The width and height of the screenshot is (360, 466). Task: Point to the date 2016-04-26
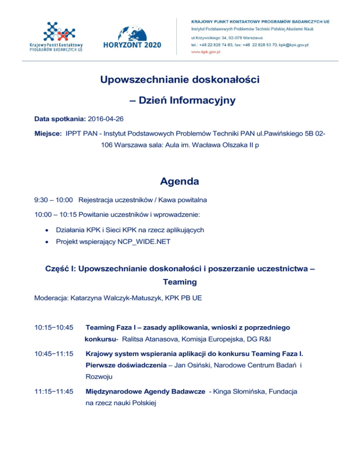(x=109, y=119)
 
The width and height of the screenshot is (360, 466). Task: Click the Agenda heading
(x=180, y=181)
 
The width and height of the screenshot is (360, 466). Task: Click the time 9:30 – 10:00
(x=53, y=200)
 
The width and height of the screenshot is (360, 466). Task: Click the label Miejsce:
(x=48, y=134)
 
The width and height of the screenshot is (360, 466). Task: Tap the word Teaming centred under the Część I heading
(x=180, y=283)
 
